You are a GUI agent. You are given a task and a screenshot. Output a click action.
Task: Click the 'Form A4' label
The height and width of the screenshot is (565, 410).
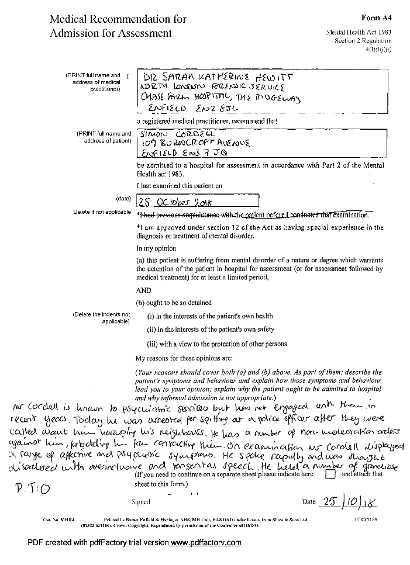coord(375,19)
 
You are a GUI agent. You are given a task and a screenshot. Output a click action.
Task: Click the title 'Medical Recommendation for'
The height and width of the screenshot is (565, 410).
coord(118,19)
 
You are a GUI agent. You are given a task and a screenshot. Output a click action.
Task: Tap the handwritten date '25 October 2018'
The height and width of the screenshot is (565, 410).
coord(175,203)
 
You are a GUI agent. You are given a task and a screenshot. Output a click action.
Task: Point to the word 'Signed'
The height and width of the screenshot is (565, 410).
coord(141,501)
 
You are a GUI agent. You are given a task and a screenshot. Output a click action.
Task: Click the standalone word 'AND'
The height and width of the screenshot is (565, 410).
coord(143,290)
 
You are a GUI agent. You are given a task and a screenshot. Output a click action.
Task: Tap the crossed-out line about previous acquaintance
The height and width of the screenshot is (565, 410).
coord(253,215)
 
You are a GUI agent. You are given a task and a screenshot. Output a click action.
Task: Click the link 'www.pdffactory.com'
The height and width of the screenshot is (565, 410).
coord(205,543)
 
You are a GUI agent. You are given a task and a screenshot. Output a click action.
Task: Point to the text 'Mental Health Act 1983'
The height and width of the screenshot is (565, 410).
coord(359,33)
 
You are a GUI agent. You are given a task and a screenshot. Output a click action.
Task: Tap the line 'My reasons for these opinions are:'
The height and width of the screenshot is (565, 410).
coord(184,357)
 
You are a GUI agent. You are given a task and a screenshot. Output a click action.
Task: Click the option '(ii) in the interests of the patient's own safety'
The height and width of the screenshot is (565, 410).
coord(211,330)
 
